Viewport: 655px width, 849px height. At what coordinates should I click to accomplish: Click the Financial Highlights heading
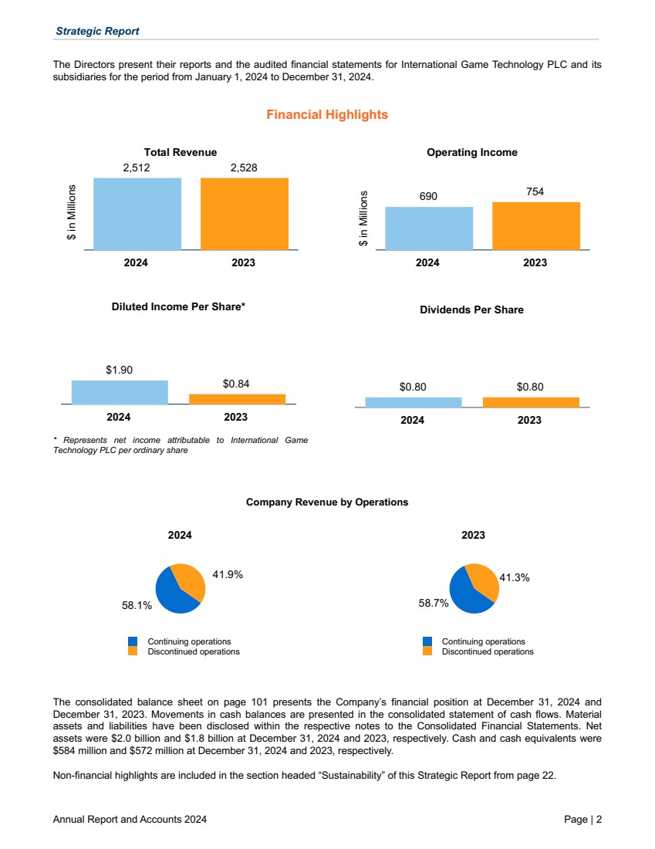click(x=327, y=115)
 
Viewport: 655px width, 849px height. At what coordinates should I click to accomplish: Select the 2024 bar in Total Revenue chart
click(x=137, y=214)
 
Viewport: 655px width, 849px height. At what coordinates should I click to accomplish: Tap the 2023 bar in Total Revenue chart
click(x=245, y=214)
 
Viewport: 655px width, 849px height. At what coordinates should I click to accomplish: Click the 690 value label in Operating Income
click(x=428, y=196)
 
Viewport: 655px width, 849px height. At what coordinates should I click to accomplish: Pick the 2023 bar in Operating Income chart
click(x=536, y=226)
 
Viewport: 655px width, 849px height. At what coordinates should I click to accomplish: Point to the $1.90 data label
click(x=119, y=370)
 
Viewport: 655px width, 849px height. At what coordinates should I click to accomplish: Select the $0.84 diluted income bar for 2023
click(x=237, y=399)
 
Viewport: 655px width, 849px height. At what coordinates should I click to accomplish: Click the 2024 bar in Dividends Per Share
click(x=413, y=402)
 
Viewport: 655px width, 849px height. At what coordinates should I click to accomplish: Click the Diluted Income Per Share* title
click(x=179, y=306)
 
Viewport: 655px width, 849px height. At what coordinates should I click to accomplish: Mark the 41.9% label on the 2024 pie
click(x=228, y=574)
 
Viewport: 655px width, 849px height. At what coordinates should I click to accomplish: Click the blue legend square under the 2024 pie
click(x=133, y=641)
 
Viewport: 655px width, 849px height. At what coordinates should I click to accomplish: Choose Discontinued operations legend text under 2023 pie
click(x=488, y=651)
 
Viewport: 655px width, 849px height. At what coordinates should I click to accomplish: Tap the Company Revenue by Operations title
click(x=327, y=502)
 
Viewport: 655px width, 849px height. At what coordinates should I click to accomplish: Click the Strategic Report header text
click(x=97, y=31)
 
